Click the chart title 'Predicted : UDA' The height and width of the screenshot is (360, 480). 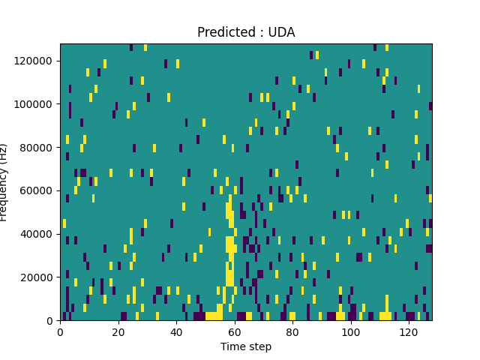pyautogui.click(x=246, y=32)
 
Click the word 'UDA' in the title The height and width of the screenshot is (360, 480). pyautogui.click(x=282, y=32)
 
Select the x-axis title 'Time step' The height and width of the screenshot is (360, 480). pyautogui.click(x=246, y=346)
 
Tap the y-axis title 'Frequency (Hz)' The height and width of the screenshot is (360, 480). pyautogui.click(x=5, y=182)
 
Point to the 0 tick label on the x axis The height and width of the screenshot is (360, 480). pyautogui.click(x=60, y=331)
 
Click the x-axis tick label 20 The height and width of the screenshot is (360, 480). pyautogui.click(x=118, y=331)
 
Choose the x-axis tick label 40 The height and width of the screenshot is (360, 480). pyautogui.click(x=176, y=331)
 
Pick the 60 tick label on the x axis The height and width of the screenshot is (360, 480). pyautogui.click(x=234, y=331)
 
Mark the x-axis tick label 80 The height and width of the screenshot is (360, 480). pyautogui.click(x=292, y=331)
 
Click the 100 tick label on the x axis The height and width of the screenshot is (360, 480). pyautogui.click(x=350, y=331)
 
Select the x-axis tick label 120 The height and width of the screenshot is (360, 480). pyautogui.click(x=409, y=331)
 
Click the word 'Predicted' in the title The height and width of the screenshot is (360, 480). pyautogui.click(x=222, y=32)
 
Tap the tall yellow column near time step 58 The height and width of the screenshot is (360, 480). pyautogui.click(x=229, y=247)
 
